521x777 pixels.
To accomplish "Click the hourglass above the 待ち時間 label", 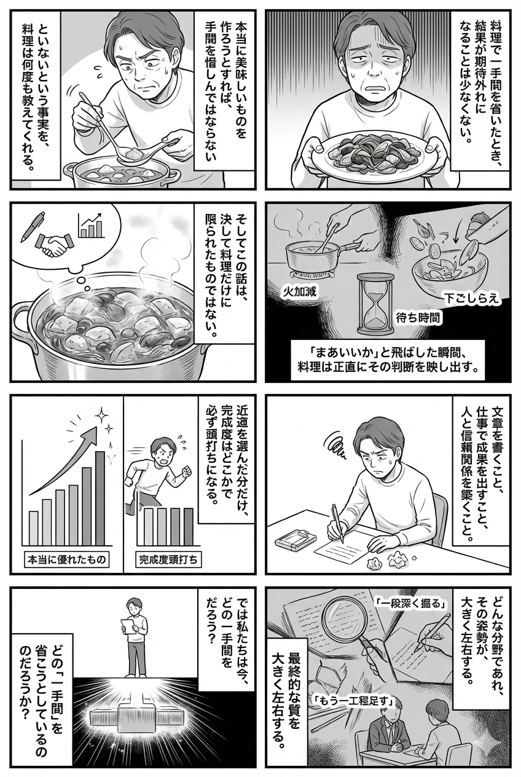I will [x=374, y=301].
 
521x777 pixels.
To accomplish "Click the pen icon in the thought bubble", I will [x=31, y=226].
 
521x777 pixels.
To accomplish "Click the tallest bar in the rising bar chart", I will [x=100, y=498].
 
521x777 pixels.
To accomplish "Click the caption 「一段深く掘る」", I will [x=410, y=603].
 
